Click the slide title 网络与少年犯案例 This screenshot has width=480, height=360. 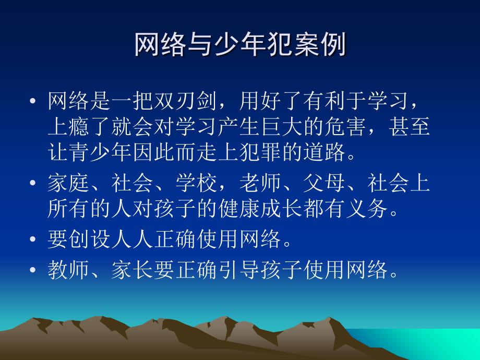[240, 45]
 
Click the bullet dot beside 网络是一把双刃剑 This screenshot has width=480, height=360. [33, 100]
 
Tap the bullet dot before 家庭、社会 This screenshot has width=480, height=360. [33, 183]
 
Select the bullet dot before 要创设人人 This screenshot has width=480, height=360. [33, 239]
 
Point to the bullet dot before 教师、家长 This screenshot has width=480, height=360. [33, 270]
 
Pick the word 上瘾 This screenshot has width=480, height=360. [68, 126]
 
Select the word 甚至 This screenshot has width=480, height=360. [409, 126]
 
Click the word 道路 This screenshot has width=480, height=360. [325, 152]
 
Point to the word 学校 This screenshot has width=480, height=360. [197, 183]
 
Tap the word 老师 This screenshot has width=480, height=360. [260, 183]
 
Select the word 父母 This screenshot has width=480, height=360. [324, 183]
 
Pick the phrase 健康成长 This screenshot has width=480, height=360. [260, 209]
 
